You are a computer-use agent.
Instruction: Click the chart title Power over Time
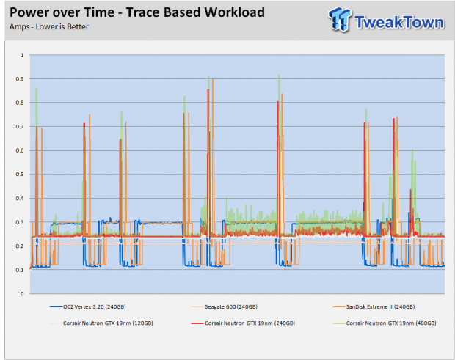pos(62,12)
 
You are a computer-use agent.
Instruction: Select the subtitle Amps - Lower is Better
pos(49,26)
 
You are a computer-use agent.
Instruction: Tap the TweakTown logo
pos(386,20)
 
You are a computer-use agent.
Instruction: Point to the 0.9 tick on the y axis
pos(20,79)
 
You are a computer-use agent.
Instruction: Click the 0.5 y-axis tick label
pos(20,175)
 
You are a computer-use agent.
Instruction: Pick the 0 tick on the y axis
pos(22,293)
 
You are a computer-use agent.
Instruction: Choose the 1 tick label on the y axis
pos(22,55)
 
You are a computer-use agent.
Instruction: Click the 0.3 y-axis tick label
pos(20,222)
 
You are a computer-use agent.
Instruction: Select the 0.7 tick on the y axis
pos(20,126)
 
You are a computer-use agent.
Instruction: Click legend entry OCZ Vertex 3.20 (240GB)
pos(88,306)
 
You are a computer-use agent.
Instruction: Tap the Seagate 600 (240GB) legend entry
pos(225,306)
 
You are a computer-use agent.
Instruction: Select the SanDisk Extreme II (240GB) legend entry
pos(374,306)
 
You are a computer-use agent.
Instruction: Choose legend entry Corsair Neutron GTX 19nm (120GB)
pos(101,323)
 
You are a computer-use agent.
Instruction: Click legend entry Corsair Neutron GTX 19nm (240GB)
pos(243,323)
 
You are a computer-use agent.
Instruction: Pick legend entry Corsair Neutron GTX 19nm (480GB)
pos(385,323)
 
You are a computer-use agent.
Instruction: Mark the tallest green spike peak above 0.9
pos(279,75)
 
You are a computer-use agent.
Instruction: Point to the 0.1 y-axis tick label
pos(20,270)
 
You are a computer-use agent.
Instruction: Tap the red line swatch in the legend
pos(197,323)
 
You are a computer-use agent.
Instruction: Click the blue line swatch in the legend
pos(56,306)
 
